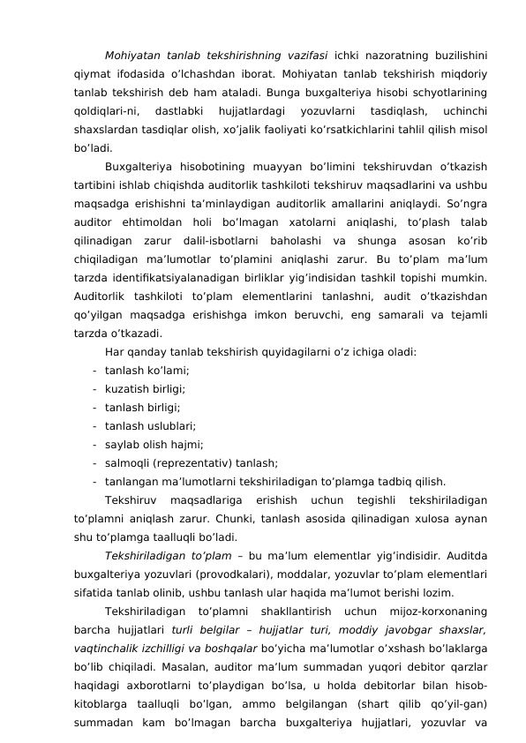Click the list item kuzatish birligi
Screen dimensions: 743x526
pos(145,388)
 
